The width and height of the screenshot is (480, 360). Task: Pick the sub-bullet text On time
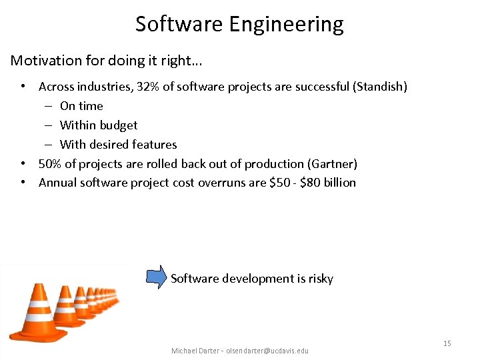[x=81, y=106]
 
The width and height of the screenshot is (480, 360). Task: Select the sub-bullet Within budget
[x=99, y=125]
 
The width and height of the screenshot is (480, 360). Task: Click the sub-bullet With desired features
[x=118, y=145]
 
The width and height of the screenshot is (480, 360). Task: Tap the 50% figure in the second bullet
[x=50, y=164]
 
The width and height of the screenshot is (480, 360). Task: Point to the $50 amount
[x=281, y=183]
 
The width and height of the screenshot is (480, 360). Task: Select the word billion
[x=341, y=183]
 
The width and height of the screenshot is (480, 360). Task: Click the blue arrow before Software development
[x=157, y=277]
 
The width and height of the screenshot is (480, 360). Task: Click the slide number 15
[x=447, y=343]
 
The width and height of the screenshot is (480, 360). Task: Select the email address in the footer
[x=267, y=351]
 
